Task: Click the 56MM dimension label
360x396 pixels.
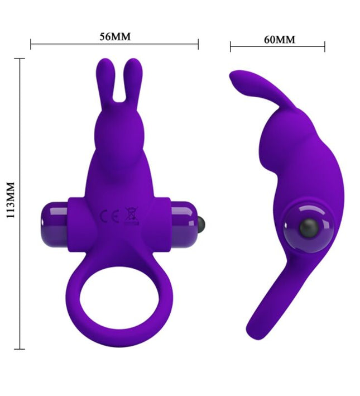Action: tap(114, 37)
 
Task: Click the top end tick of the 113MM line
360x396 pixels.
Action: tap(21, 59)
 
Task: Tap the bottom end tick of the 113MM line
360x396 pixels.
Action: tap(21, 349)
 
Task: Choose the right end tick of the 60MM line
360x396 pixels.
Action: tap(325, 47)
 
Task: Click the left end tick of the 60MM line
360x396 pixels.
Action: tap(231, 47)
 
